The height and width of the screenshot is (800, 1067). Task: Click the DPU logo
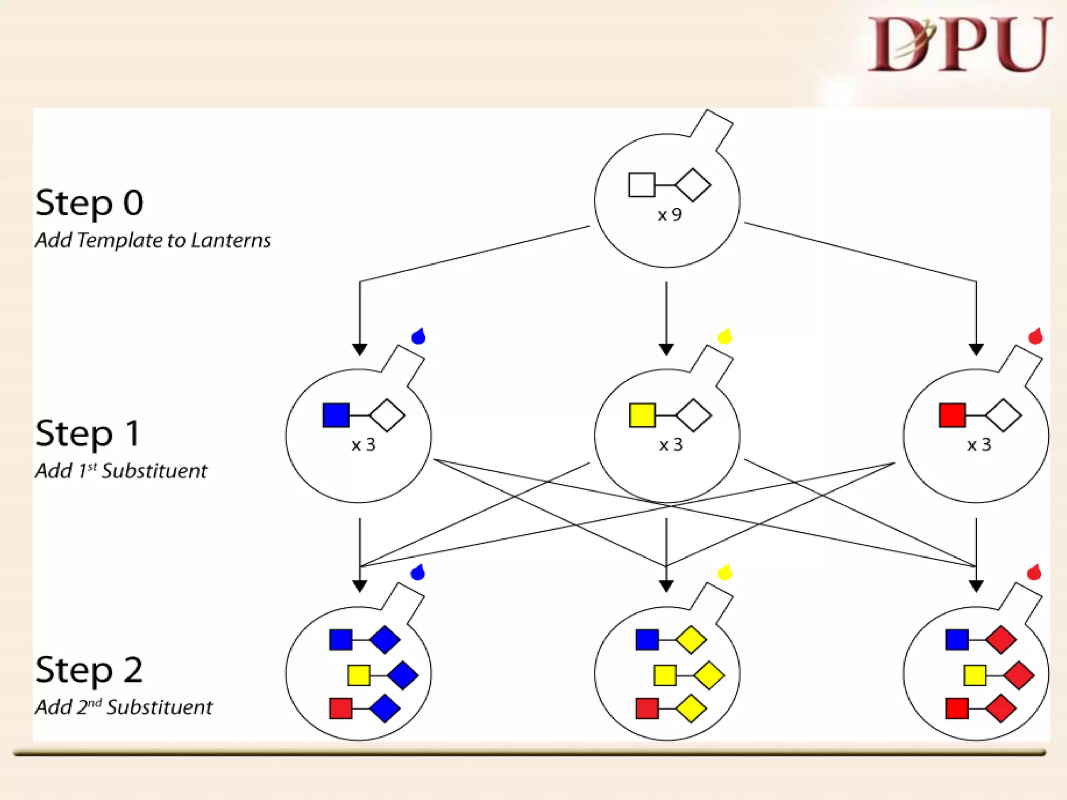click(959, 44)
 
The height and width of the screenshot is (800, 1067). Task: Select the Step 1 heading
click(88, 433)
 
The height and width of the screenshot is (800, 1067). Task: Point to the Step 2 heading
click(89, 670)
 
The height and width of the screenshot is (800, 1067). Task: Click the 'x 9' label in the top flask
click(669, 215)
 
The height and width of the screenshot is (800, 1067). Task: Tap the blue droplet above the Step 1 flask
click(418, 336)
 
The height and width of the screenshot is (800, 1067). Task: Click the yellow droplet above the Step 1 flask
click(725, 336)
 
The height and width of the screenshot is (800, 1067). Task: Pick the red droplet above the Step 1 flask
click(1035, 336)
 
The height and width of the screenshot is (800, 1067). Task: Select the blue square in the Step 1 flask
click(336, 415)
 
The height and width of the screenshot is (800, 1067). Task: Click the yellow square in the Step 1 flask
click(642, 415)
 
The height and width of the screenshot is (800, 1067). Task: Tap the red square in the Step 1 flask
click(952, 415)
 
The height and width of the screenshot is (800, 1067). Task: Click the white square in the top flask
click(641, 185)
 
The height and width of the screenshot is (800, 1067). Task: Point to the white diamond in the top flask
click(693, 185)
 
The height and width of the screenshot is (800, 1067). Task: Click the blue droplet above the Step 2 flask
click(418, 572)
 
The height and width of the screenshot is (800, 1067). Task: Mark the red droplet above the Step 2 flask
click(1034, 572)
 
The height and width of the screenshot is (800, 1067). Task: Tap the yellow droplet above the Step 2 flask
click(725, 572)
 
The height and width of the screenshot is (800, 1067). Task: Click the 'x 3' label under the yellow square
click(671, 445)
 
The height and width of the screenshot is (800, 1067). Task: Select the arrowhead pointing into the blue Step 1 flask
click(359, 349)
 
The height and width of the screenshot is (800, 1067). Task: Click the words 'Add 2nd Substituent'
click(124, 707)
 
